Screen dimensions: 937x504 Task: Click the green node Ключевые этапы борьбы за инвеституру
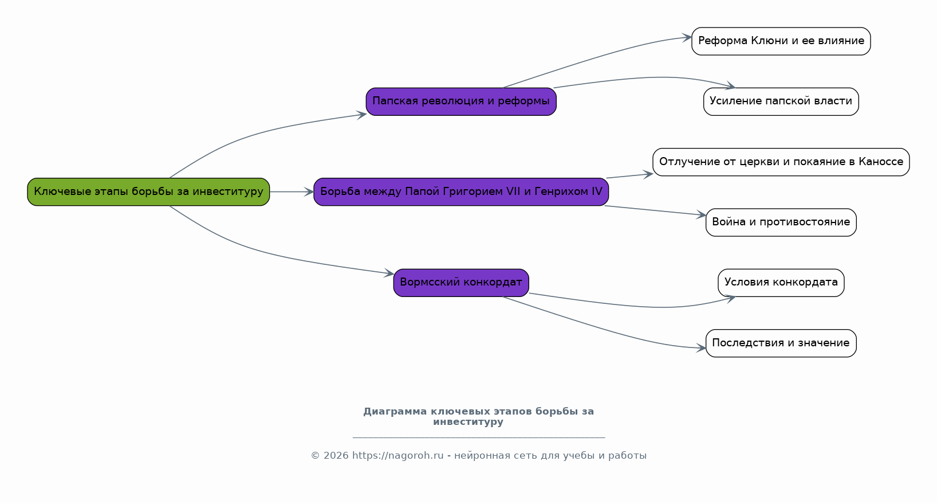(148, 192)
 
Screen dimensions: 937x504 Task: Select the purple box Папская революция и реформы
(461, 101)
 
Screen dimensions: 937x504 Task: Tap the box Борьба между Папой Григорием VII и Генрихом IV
(461, 192)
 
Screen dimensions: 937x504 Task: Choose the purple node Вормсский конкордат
(461, 283)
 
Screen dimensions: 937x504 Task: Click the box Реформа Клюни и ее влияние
(781, 41)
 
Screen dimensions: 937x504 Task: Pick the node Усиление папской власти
(781, 101)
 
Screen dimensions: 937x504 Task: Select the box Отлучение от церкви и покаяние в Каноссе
(781, 162)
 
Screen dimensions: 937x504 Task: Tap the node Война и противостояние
(781, 222)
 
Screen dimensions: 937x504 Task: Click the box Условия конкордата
(781, 283)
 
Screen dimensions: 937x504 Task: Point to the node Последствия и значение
(781, 343)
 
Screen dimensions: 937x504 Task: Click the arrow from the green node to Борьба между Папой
(292, 192)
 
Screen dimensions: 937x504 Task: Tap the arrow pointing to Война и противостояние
(655, 210)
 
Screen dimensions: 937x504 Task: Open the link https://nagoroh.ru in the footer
(398, 455)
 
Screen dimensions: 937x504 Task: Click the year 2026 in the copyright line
(336, 455)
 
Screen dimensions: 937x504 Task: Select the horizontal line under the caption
(479, 438)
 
